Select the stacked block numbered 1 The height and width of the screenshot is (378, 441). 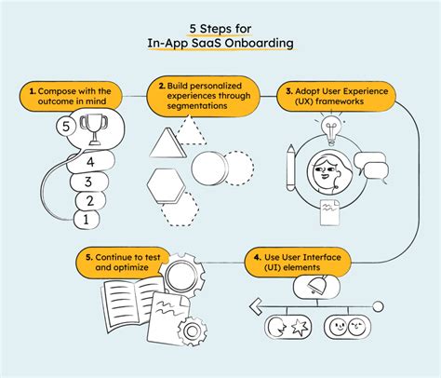coord(86,220)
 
